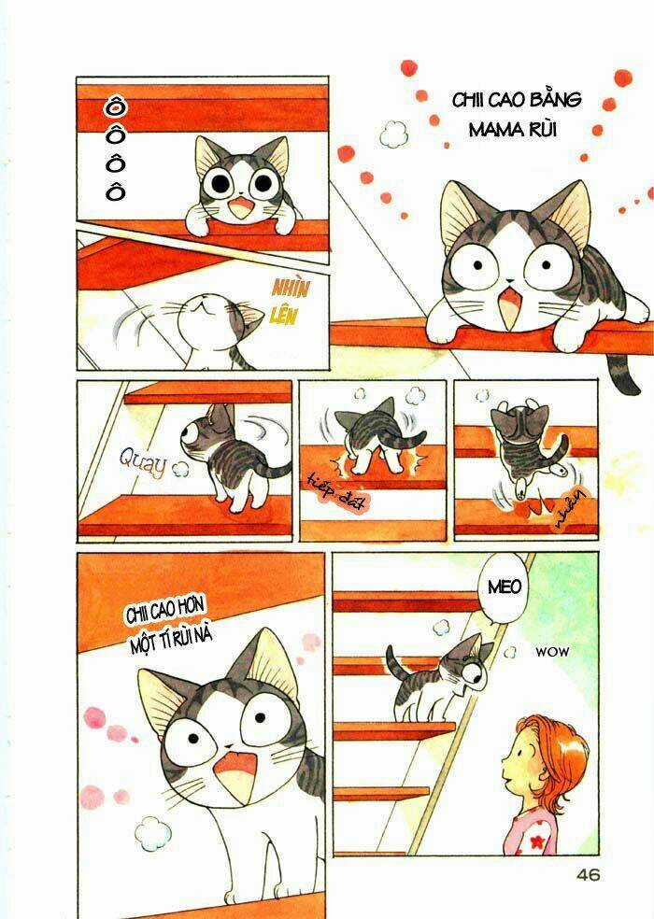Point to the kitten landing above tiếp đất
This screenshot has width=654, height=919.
click(x=371, y=435)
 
